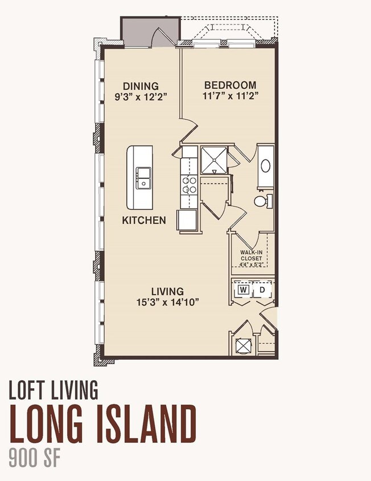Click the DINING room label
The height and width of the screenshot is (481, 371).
[x=141, y=86]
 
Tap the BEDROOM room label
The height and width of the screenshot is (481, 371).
[x=230, y=85]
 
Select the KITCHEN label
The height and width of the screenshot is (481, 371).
[x=144, y=220]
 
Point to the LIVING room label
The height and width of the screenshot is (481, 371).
[x=168, y=291]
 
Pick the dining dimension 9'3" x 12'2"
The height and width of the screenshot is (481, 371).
[x=141, y=97]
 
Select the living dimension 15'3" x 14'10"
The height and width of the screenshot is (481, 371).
[x=168, y=303]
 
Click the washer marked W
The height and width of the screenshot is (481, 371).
[x=244, y=290]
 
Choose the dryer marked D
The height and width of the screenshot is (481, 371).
[x=262, y=290]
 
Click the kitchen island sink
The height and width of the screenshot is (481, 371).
[x=142, y=178]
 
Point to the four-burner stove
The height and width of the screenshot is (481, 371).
[x=189, y=185]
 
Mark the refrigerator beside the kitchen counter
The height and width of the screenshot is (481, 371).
[x=186, y=219]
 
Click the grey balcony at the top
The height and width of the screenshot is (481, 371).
[x=150, y=31]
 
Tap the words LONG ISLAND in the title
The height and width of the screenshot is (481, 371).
[x=103, y=423]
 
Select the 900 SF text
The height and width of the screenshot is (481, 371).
[x=34, y=458]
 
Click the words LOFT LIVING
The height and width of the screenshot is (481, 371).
[x=53, y=390]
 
